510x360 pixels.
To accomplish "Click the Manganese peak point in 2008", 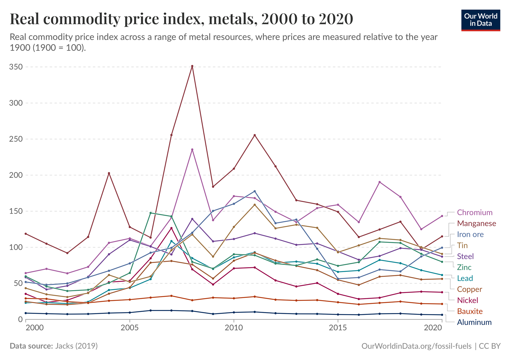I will coord(192,66).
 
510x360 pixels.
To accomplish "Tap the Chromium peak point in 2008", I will coord(192,150).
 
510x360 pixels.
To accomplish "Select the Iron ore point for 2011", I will coord(254,191).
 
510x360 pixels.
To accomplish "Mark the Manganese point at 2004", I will coord(109,173).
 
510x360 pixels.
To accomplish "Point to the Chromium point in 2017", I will coord(379,182).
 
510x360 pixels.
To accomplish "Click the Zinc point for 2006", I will coord(150,213).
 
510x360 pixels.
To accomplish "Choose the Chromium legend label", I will coord(475,212).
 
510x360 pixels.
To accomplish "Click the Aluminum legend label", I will coord(474,322).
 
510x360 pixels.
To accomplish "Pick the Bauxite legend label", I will coord(470,311).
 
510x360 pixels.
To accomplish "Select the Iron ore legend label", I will coord(470,234).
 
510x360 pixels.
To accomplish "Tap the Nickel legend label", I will coord(467,300).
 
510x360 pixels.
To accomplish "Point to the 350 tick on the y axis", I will coord(16,67).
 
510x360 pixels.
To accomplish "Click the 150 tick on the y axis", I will coord(16,211).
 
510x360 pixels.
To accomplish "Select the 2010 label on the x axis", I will coord(234,327).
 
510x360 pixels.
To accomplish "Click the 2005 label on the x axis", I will coord(130,327).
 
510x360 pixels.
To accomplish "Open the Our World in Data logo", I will coord(481,20).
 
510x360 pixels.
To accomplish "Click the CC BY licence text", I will coord(490,346).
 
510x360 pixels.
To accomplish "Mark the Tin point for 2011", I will coord(254,205).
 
